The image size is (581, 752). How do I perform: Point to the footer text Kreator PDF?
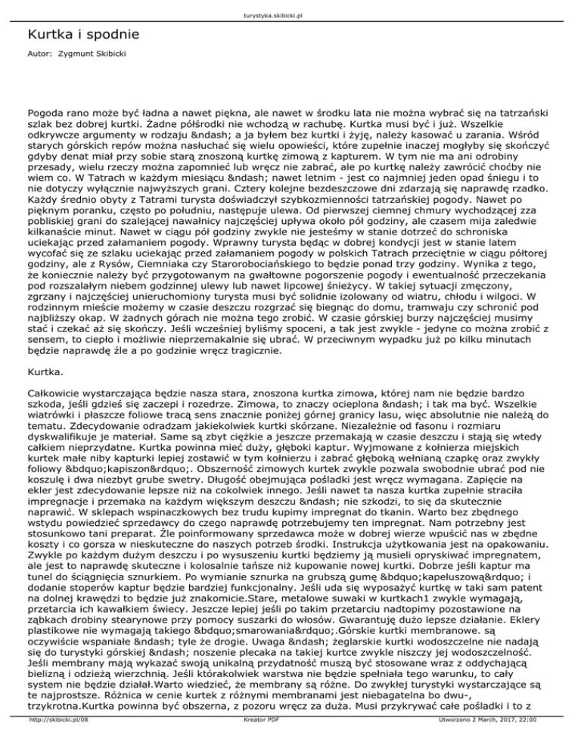click(290, 744)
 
